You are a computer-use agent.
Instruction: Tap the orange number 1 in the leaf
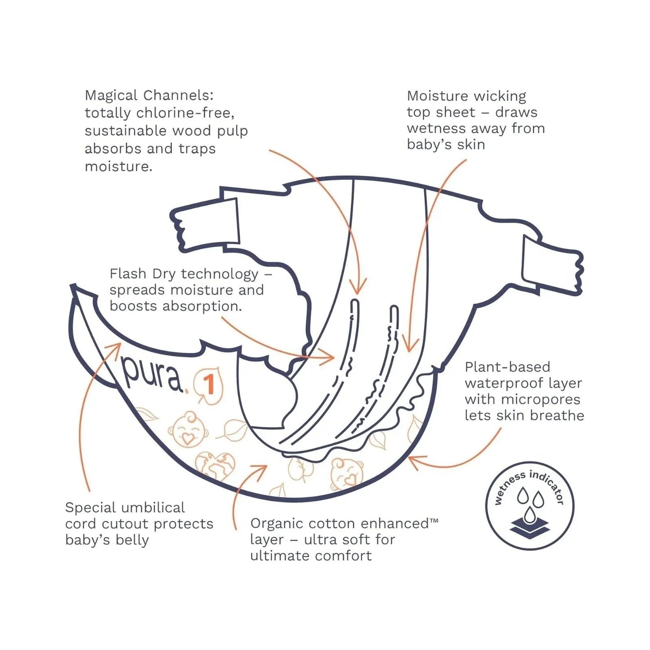(209, 386)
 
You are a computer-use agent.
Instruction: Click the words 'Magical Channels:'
(149, 95)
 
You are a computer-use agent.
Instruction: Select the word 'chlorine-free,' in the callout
(185, 113)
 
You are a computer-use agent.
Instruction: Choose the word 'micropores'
(540, 400)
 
